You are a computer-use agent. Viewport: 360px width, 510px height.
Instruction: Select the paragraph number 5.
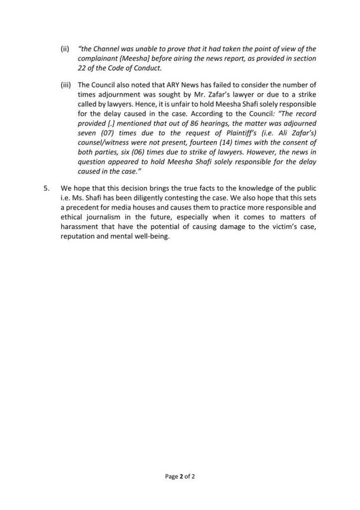tap(46, 190)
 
